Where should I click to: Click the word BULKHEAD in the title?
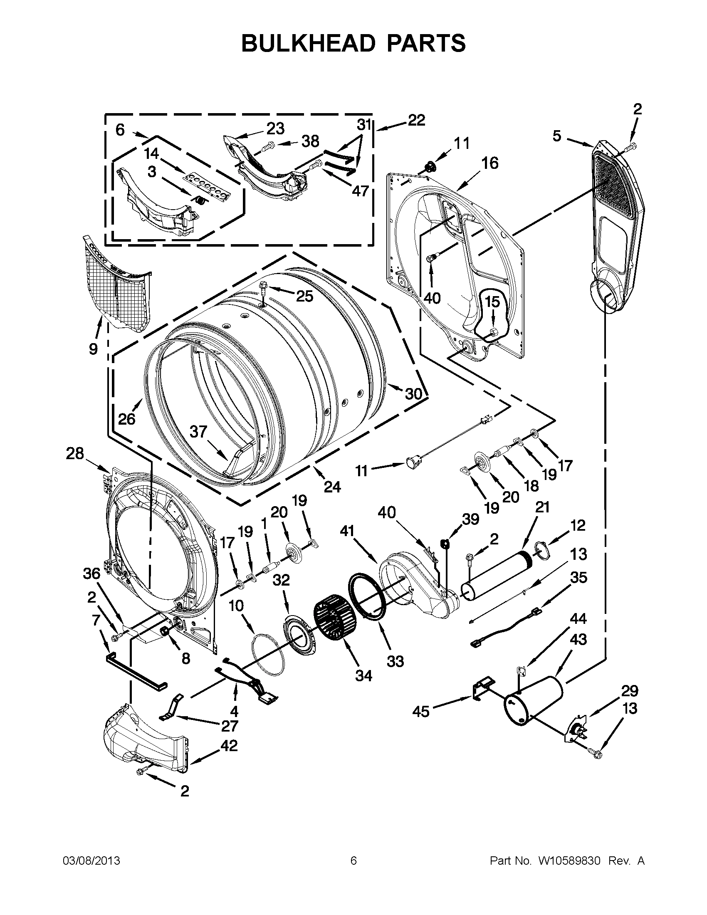(x=308, y=43)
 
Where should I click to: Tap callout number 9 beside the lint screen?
(x=94, y=348)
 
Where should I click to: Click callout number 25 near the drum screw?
(x=304, y=296)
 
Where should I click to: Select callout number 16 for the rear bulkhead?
(x=489, y=163)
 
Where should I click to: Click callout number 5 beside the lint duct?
(x=556, y=136)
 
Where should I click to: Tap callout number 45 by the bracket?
(x=421, y=711)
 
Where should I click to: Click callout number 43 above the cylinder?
(x=578, y=639)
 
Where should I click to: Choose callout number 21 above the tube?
(x=542, y=507)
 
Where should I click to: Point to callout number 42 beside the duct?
(x=229, y=745)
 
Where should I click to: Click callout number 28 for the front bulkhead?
(x=75, y=453)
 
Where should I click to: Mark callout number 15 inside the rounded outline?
(x=493, y=301)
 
